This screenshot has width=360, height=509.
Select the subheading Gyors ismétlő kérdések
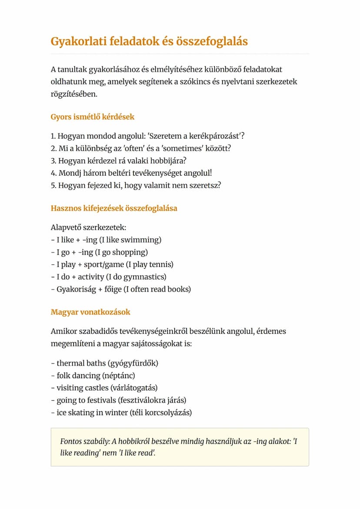pos(93,117)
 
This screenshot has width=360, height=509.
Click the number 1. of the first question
pos(53,136)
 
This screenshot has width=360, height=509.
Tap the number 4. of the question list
pos(54,173)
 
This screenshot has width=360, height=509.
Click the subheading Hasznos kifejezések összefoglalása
pos(114,208)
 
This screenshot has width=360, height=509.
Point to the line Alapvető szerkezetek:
pos(88,227)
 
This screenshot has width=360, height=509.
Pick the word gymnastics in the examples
pos(146,276)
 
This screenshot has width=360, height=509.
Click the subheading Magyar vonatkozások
pos(90,312)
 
